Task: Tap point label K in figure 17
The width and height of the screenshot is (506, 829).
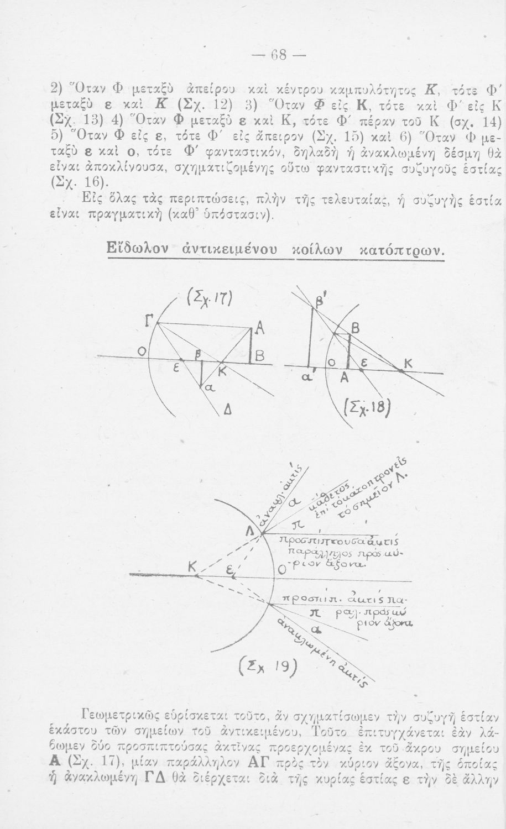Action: point(222,375)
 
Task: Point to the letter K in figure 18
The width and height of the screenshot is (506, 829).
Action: point(409,365)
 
